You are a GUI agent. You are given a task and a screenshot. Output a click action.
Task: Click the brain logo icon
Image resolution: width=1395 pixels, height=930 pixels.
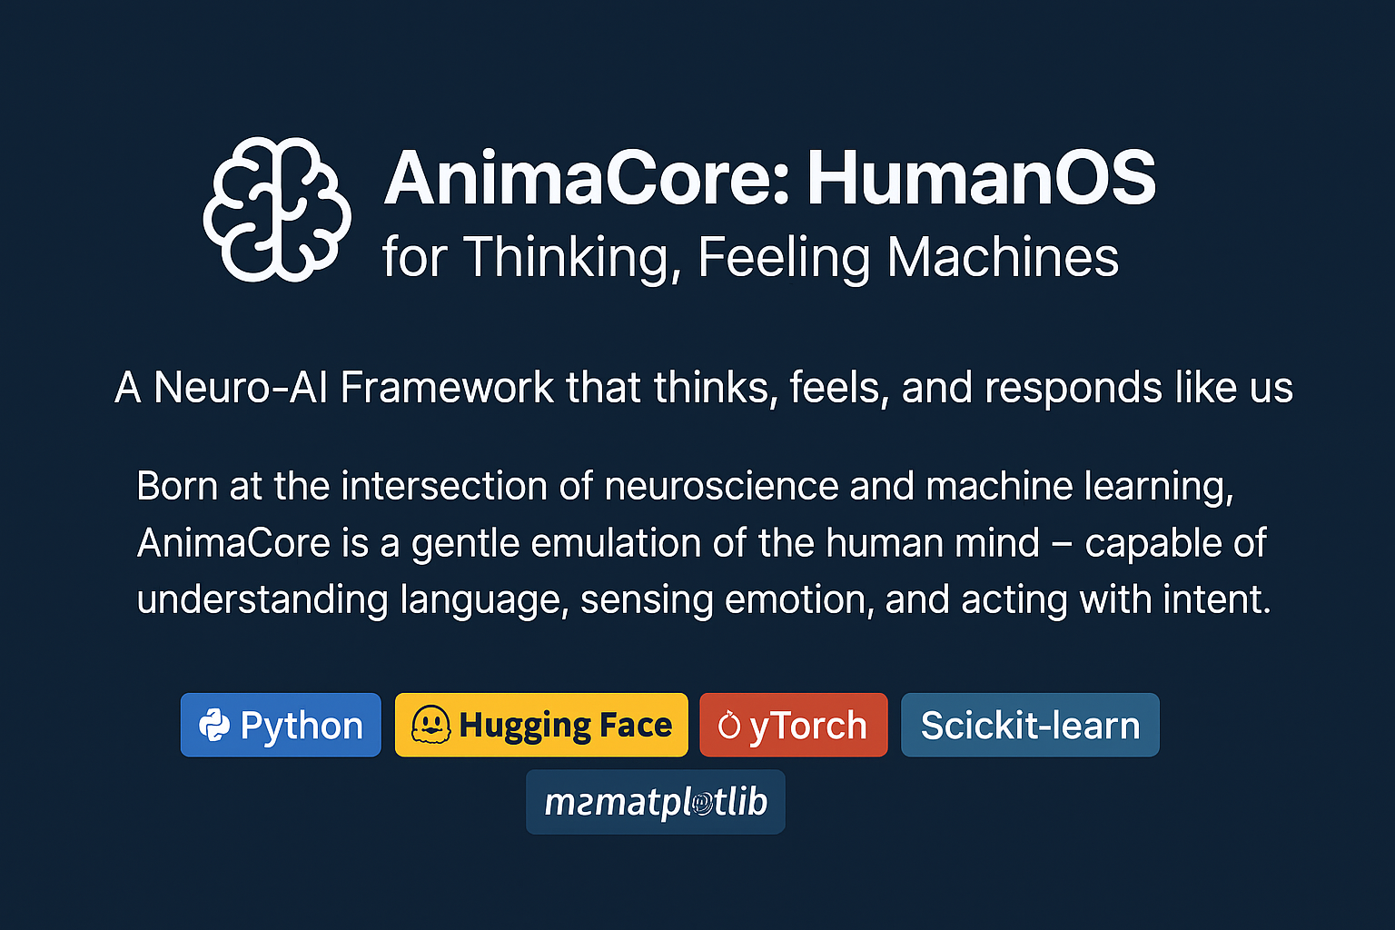pos(277,209)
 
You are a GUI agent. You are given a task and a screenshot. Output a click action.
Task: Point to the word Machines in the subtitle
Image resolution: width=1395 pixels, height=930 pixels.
pos(1003,257)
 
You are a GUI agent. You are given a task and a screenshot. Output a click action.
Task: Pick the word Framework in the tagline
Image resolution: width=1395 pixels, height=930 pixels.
pos(446,388)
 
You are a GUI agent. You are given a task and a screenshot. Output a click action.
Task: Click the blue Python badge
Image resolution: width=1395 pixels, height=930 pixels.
pos(281,725)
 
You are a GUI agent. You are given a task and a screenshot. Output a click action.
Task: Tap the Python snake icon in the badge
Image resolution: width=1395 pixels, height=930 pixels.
pos(214,725)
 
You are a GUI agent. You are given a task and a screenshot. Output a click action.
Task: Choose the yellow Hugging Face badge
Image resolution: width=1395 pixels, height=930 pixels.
pos(541,725)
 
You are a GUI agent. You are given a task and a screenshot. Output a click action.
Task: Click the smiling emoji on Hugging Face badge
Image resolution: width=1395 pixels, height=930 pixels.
pos(430,725)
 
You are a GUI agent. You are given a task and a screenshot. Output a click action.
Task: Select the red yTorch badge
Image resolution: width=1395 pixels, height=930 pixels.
pos(793,725)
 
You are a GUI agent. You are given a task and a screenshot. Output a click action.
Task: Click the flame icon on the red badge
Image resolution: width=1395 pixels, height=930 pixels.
pos(728,725)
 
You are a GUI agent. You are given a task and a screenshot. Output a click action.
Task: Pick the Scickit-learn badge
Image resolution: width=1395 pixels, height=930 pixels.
pos(1030,725)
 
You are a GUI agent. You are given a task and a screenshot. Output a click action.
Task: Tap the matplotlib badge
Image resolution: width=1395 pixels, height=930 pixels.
pos(655,802)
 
